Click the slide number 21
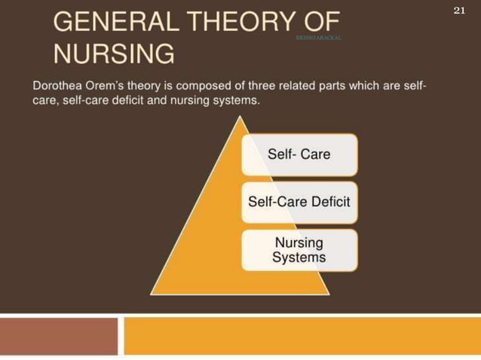click(458, 10)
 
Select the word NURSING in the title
click(113, 54)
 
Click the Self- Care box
click(299, 154)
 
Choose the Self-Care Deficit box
click(299, 202)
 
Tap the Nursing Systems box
click(299, 250)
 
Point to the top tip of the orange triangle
click(240, 117)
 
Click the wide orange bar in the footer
click(302, 336)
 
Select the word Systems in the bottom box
click(299, 258)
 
